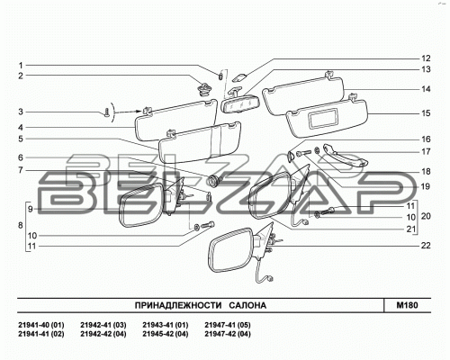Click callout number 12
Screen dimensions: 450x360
[426, 58]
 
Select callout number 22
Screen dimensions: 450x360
[426, 246]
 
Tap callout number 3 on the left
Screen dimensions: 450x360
[21, 112]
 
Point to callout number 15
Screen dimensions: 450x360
[426, 113]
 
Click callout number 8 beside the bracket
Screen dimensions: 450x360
[21, 225]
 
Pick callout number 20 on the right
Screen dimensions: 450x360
[426, 216]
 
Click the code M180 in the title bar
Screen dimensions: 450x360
[407, 305]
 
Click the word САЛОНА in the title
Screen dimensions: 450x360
[247, 305]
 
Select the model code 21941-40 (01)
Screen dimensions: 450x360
[41, 325]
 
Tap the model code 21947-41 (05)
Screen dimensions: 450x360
[228, 325]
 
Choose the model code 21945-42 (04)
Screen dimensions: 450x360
[166, 334]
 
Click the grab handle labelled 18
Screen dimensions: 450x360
[346, 156]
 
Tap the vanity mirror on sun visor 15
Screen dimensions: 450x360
[324, 118]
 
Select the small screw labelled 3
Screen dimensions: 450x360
[107, 113]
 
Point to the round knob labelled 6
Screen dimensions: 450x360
[213, 181]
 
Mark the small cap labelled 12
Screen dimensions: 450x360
[239, 77]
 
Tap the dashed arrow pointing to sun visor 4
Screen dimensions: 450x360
[128, 112]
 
